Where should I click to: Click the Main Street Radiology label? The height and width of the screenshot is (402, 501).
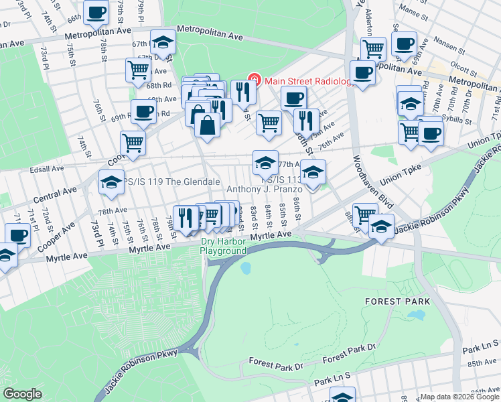(307, 82)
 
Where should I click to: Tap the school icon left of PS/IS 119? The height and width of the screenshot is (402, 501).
(111, 183)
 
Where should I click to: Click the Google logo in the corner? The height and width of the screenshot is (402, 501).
(23, 394)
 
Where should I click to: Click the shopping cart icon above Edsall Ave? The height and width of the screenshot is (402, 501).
(133, 143)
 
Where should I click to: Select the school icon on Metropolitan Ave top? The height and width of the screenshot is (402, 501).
(162, 43)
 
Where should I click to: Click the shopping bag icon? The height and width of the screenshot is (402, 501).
(208, 125)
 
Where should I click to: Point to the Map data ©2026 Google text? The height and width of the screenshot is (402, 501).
(459, 397)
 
